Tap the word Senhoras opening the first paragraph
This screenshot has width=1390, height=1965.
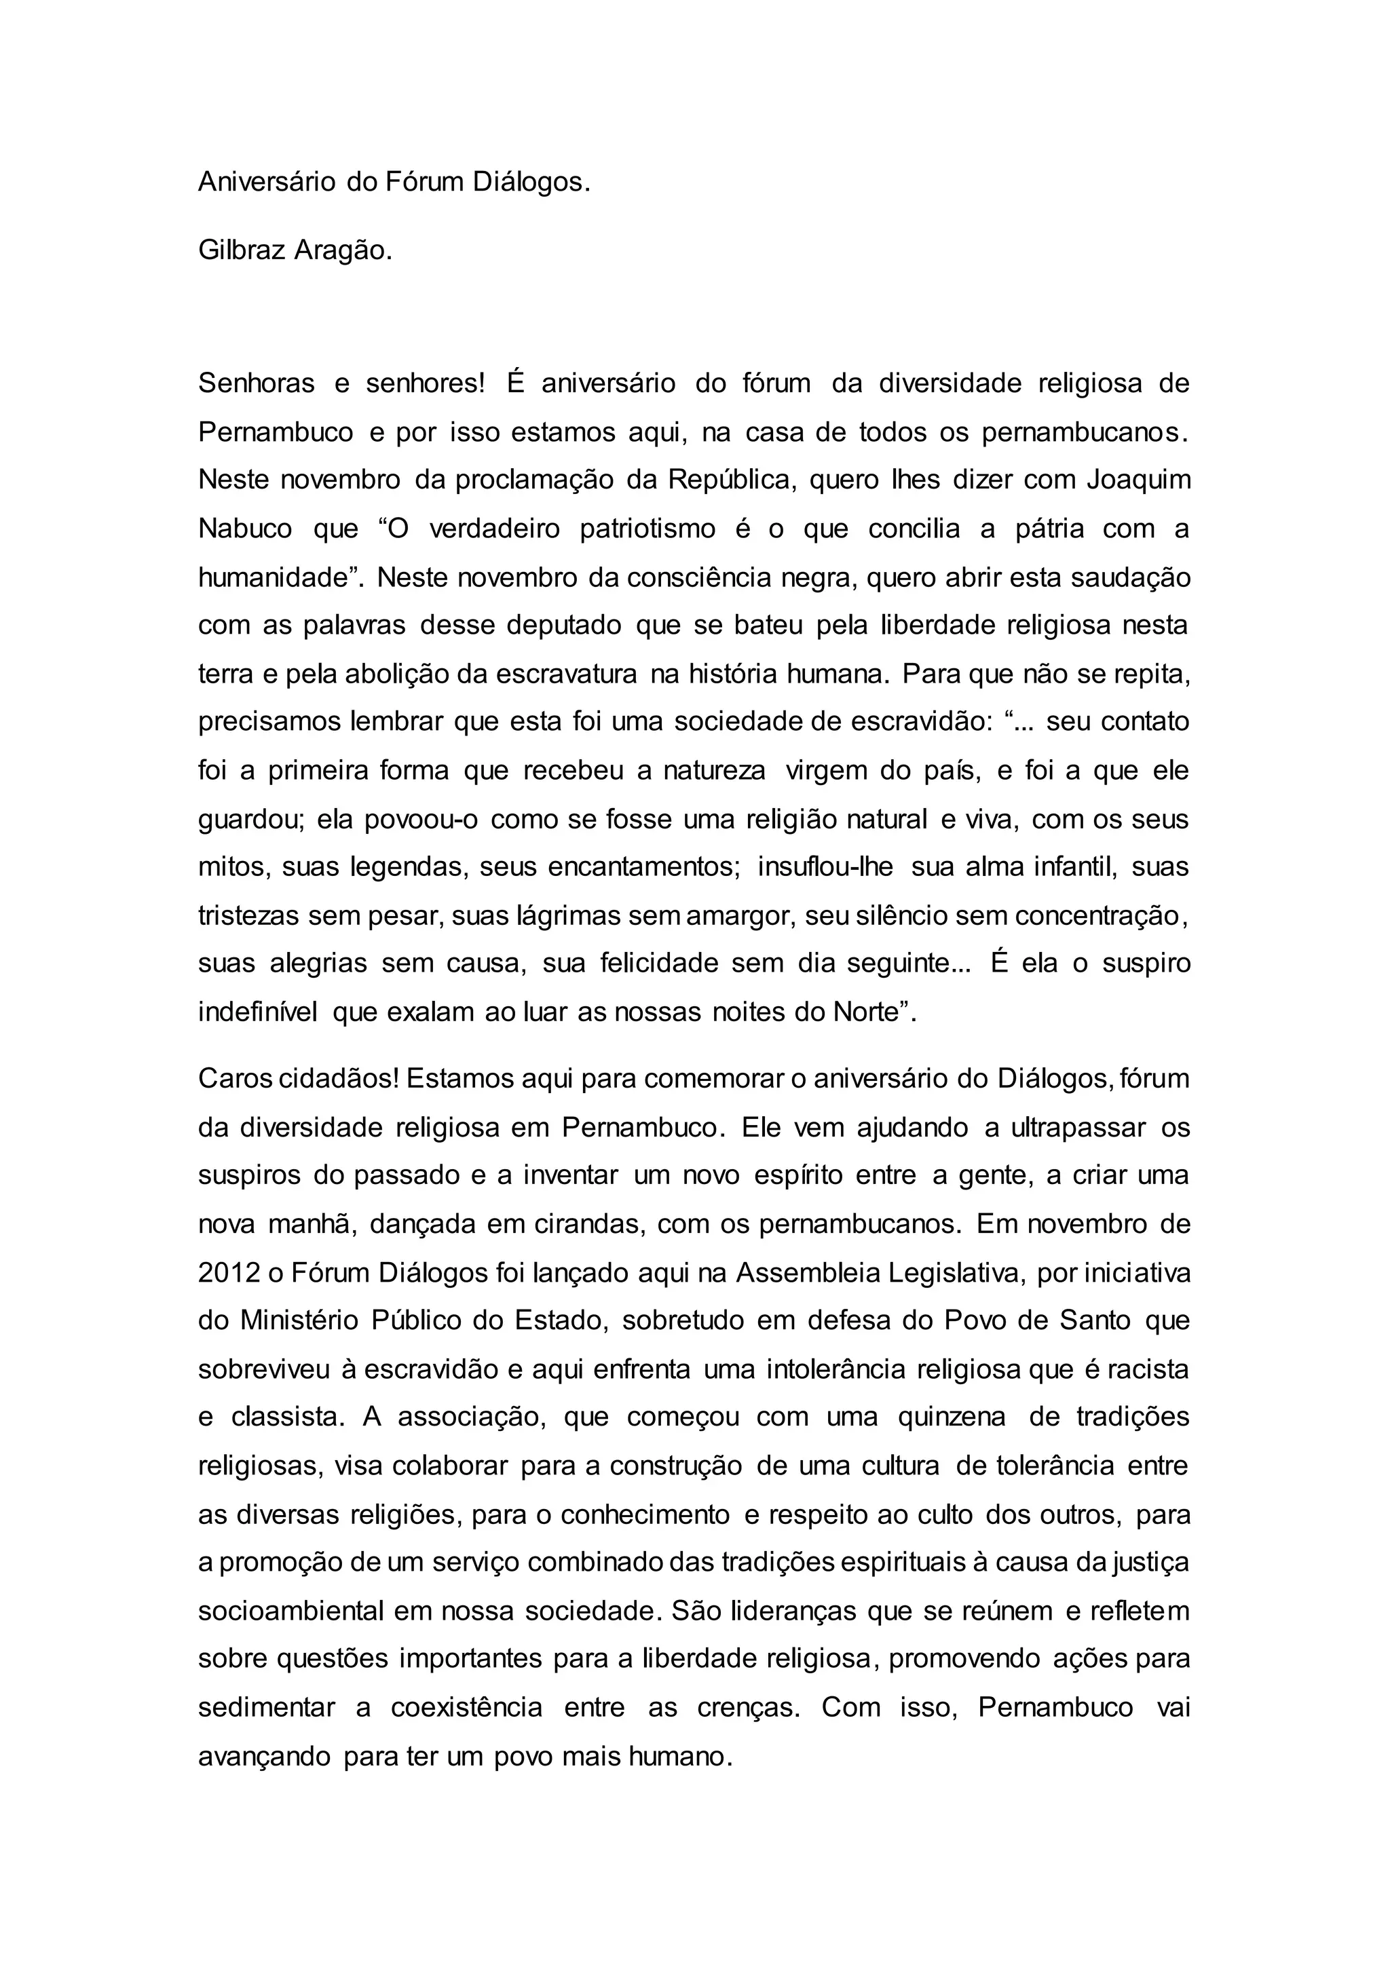[x=257, y=383]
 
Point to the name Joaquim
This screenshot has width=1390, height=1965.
[x=1138, y=480]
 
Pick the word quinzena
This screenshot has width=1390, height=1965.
[x=952, y=1417]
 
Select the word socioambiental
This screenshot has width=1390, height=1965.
[x=291, y=1611]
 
